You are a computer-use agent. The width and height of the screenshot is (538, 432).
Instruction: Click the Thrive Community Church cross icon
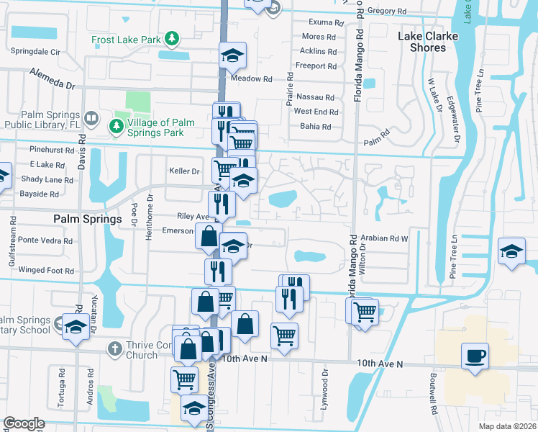click(x=113, y=349)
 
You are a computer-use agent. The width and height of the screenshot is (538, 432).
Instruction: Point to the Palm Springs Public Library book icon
click(x=91, y=117)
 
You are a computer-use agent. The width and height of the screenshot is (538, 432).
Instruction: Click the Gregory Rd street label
click(x=386, y=12)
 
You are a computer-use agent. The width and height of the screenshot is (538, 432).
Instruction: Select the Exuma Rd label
click(x=321, y=23)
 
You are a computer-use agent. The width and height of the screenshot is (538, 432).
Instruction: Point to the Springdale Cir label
click(x=35, y=52)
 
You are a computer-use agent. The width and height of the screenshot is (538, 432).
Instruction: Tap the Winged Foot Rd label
click(x=46, y=271)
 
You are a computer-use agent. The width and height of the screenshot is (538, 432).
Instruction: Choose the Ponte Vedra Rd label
click(x=45, y=240)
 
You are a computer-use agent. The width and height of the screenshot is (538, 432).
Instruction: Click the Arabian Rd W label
click(x=385, y=238)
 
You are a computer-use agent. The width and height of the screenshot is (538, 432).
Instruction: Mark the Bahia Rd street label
click(x=316, y=127)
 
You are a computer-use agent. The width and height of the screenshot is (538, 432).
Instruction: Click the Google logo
click(x=24, y=423)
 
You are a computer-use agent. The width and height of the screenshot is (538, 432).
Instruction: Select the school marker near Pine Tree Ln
click(x=512, y=252)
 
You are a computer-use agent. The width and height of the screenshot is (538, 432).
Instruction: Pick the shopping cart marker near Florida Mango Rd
click(x=365, y=312)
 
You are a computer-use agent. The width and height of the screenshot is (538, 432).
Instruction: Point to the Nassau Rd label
click(x=315, y=97)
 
